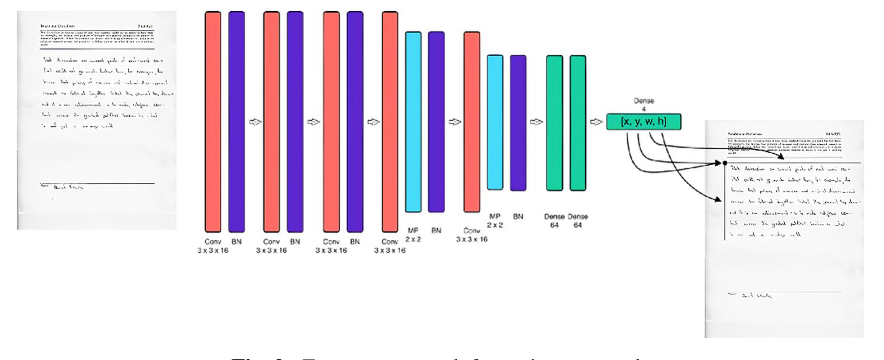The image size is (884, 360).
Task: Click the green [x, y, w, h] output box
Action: (644, 121)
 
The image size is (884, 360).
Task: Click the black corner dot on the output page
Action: (725, 162)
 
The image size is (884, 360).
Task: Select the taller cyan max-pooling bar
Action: (414, 122)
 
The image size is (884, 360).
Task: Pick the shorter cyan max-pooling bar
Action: (495, 123)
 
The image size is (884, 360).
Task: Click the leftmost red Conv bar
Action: (213, 120)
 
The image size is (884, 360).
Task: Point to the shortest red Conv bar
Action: (472, 122)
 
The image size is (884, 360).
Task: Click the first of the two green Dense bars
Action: (554, 123)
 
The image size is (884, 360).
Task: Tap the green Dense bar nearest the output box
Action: (578, 123)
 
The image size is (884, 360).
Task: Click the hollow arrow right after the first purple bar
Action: (254, 122)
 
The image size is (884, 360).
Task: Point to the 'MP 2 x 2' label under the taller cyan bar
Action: (414, 233)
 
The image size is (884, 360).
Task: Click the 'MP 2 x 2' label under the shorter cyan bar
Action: (495, 219)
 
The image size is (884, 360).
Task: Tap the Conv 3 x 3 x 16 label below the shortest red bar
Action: (472, 234)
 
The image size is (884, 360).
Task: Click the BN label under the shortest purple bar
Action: (519, 216)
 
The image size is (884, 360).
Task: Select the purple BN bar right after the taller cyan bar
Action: (437, 122)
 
